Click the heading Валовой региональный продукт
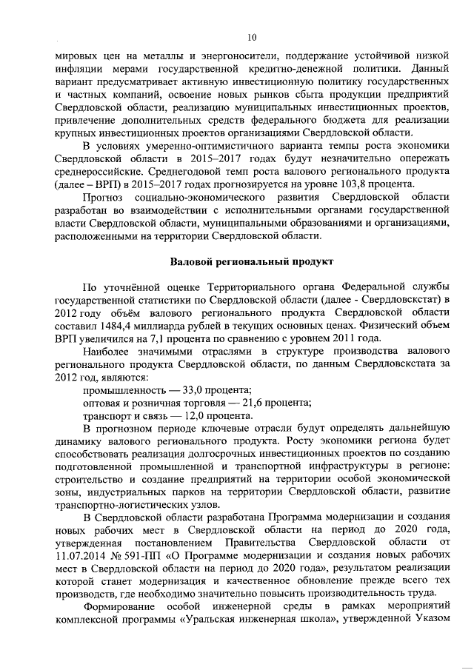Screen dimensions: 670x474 pos(251,262)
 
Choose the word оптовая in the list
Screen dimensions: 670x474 pos(102,403)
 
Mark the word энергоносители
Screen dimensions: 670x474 pos(242,56)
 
